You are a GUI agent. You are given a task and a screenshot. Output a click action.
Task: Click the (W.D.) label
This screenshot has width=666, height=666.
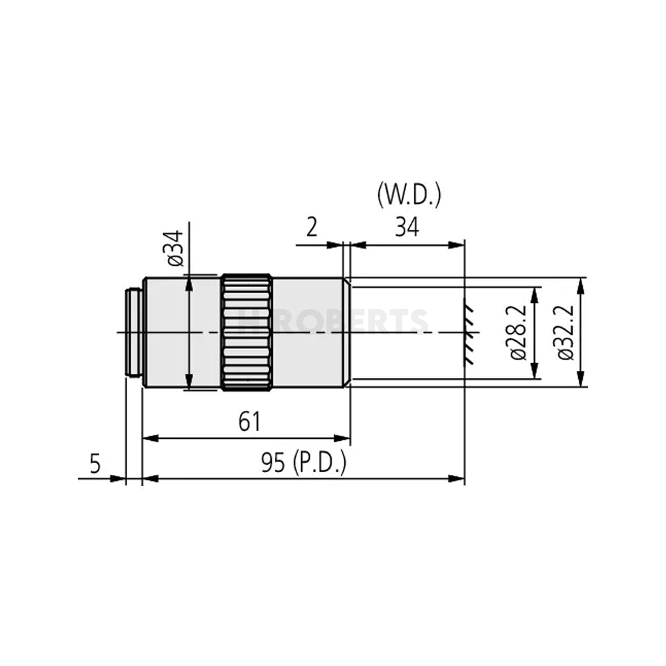point(409,196)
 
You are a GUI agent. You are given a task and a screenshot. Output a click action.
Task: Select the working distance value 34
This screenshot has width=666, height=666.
point(407,228)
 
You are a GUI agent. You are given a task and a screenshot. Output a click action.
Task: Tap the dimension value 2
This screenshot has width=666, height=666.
point(312,228)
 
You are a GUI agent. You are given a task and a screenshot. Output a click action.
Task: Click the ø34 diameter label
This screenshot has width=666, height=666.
point(175,248)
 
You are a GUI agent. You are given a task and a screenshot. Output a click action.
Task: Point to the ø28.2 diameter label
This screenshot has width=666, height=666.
point(518,332)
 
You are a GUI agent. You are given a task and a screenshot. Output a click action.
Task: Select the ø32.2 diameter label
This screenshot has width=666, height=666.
point(566,332)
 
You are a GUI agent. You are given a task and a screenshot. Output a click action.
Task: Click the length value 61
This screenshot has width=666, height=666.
point(248,421)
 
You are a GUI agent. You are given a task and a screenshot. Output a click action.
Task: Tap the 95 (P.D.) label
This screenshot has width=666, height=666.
point(303,463)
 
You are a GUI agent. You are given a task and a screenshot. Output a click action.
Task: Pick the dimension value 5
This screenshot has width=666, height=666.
point(95,463)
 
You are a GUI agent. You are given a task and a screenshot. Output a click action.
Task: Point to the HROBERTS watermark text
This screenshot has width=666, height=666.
point(333,320)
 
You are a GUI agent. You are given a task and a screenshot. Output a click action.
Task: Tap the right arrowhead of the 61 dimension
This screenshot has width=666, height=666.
point(344,438)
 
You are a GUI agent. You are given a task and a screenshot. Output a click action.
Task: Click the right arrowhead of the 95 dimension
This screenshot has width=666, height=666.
point(458,478)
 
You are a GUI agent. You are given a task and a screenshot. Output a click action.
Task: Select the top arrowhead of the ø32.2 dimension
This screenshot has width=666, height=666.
point(581,283)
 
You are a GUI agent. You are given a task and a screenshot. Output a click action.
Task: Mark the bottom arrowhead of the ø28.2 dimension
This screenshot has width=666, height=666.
point(534,374)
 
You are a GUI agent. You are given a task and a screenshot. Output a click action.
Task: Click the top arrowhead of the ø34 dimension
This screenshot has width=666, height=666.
point(190,280)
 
